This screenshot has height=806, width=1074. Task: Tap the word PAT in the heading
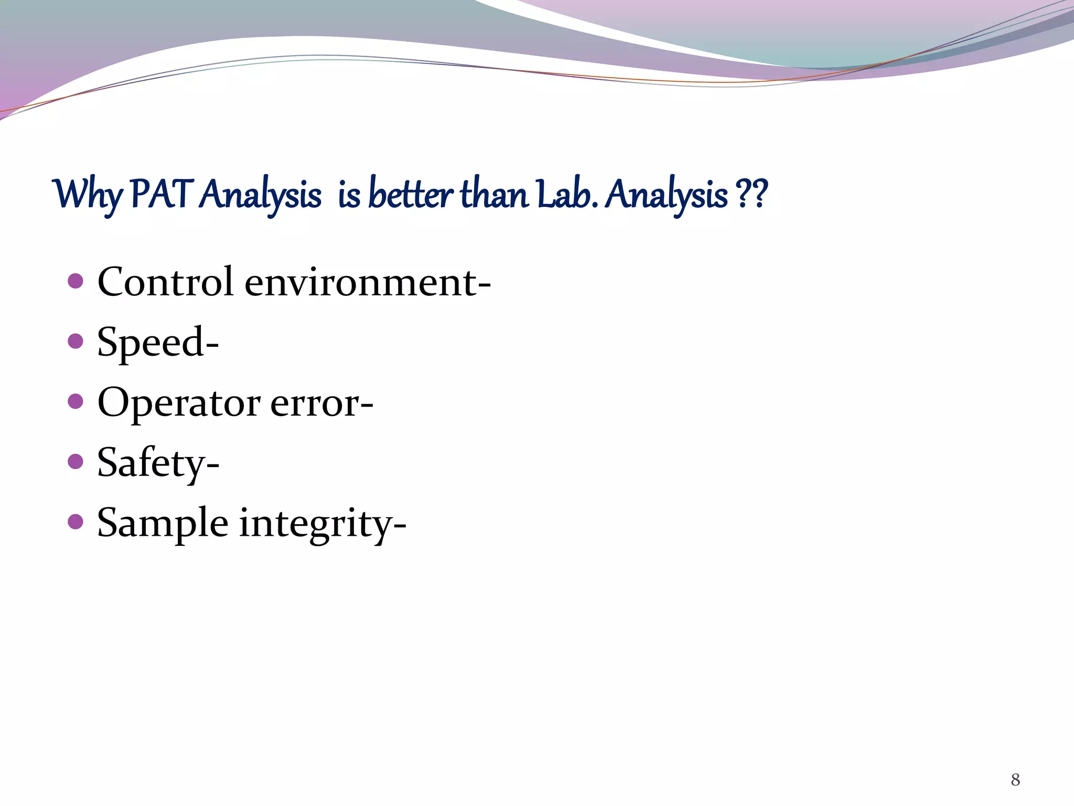pos(160,194)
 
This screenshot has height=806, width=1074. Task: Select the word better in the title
pos(410,194)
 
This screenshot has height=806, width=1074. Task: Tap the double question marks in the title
pos(752,194)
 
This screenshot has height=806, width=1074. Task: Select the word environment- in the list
pos(368,283)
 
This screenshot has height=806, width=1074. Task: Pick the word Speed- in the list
pos(158,343)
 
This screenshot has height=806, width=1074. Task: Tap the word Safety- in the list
pos(158,463)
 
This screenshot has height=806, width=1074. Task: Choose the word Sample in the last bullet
pos(163,524)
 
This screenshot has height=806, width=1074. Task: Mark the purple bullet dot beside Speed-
pos(76,342)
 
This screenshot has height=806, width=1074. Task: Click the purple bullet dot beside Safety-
pos(76,462)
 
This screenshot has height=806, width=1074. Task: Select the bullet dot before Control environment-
pos(76,281)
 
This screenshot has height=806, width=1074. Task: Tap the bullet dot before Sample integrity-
pos(76,522)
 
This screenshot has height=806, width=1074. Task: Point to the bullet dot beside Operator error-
pos(76,401)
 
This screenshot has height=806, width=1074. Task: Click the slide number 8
pos(1015,780)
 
